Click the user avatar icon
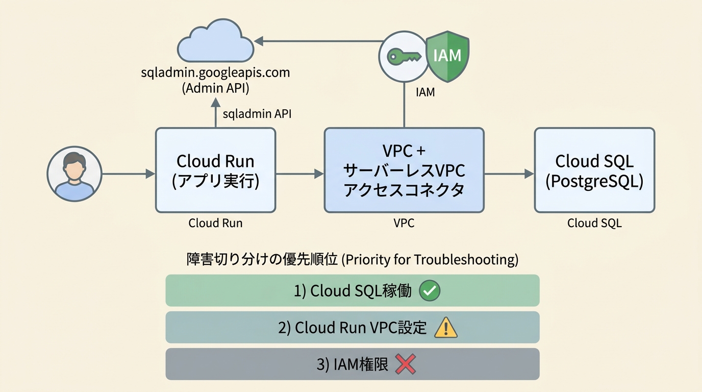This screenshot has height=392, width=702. tap(74, 174)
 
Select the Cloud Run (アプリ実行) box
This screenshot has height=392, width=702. tap(215, 170)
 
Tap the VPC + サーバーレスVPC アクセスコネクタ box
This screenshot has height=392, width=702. tap(404, 170)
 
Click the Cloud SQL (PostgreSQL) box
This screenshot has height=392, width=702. tap(594, 170)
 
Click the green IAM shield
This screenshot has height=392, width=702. tap(447, 55)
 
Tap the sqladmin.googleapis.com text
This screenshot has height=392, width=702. tap(215, 72)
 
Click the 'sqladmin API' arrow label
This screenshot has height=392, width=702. tap(257, 114)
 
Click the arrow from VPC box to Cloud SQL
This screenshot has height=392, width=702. tap(509, 174)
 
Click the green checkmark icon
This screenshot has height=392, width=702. tap(429, 291)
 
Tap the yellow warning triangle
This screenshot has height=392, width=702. tap(445, 328)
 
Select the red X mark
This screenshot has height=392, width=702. tap(406, 364)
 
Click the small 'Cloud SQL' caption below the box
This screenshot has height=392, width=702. tap(594, 223)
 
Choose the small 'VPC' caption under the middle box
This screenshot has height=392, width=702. tap(404, 223)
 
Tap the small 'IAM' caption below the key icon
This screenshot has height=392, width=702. tap(425, 93)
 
